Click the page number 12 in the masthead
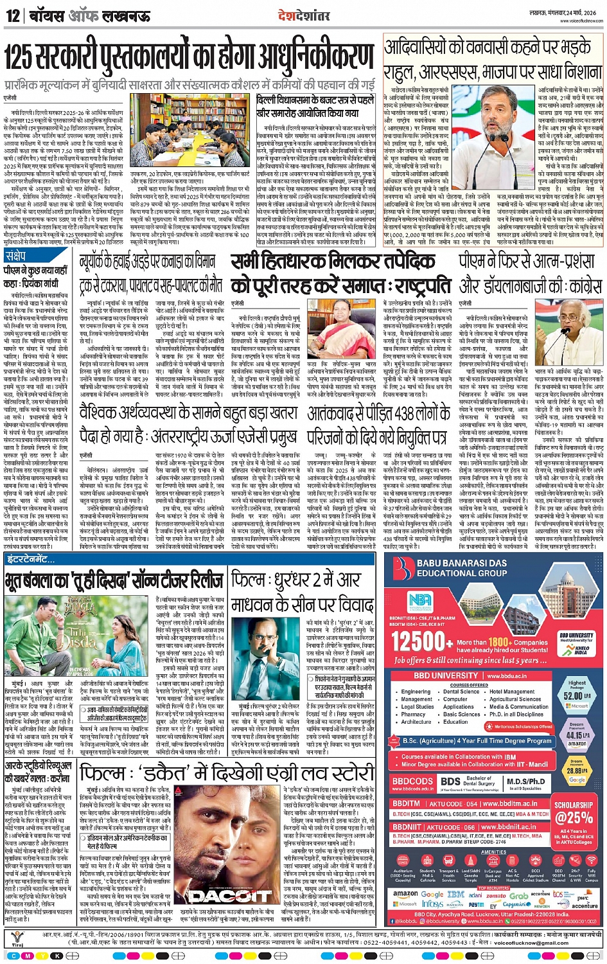tap(13, 15)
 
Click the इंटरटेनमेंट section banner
tap(30, 560)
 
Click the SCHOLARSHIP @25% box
tap(574, 812)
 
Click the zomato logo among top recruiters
tap(495, 895)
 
